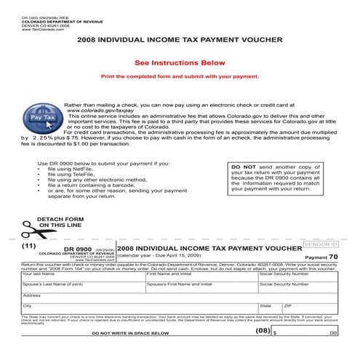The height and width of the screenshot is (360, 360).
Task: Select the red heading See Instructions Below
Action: [x=179, y=63]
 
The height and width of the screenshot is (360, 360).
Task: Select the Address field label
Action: [x=31, y=295]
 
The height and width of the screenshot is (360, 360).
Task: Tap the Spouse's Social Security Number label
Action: [x=289, y=284]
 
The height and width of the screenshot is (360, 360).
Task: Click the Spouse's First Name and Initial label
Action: [x=175, y=284]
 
